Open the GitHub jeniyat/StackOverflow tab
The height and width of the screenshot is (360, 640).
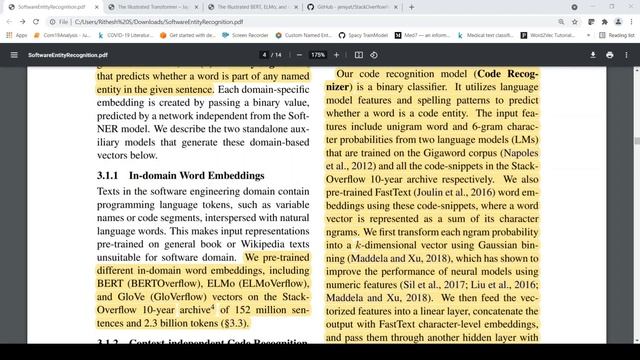[x=349, y=6]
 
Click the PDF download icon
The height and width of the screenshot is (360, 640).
[x=594, y=54]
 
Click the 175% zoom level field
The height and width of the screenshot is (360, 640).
[x=318, y=54]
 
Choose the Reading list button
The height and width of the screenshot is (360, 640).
[x=618, y=36]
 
